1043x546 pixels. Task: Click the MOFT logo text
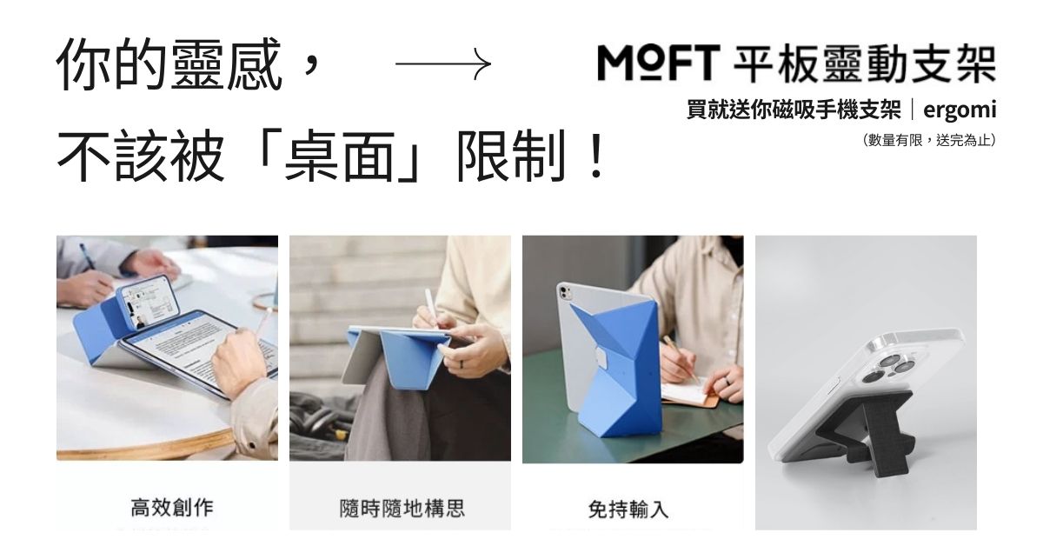(x=659, y=63)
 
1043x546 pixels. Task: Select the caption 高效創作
(x=171, y=508)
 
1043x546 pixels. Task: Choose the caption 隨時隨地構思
(x=402, y=508)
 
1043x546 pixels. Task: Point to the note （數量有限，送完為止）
(x=928, y=139)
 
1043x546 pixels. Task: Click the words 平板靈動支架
(x=865, y=63)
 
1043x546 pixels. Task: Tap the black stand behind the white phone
(x=878, y=435)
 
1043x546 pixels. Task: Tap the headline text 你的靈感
(x=169, y=65)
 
